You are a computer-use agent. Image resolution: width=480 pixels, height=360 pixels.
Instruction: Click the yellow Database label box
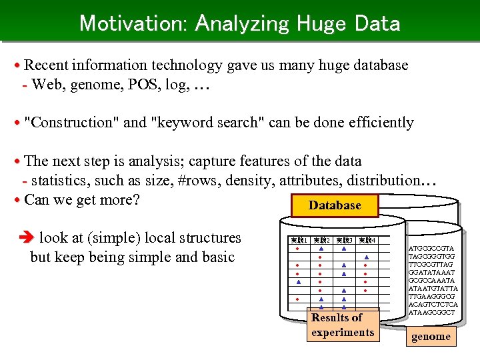click(335, 205)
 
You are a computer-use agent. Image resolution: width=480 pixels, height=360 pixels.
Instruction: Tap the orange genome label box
click(431, 336)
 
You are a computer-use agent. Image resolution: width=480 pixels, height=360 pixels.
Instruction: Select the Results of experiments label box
click(343, 325)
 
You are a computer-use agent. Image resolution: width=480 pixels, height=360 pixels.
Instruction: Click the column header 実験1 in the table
click(298, 240)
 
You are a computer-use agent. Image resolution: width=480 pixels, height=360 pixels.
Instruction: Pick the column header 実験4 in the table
click(366, 240)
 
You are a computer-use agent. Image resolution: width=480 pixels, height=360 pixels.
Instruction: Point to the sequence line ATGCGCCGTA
click(431, 249)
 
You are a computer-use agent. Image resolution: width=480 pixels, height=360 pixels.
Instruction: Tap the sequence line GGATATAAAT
click(431, 273)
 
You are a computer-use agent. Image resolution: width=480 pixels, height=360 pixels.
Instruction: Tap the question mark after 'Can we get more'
click(135, 199)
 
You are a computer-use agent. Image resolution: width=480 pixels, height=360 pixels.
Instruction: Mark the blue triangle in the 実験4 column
click(366, 257)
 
